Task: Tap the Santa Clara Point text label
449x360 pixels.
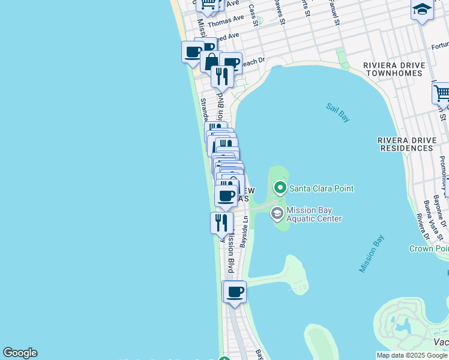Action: click(322, 188)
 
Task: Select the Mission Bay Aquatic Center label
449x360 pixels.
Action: click(314, 214)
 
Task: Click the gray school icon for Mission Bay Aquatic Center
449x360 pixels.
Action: click(277, 213)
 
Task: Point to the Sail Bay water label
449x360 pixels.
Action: click(338, 112)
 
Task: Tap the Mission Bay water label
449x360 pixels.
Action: click(372, 254)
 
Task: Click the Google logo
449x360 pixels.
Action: click(20, 353)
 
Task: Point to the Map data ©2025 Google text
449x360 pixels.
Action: click(412, 355)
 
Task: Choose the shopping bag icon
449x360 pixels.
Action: click(211, 61)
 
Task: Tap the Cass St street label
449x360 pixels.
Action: click(253, 15)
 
